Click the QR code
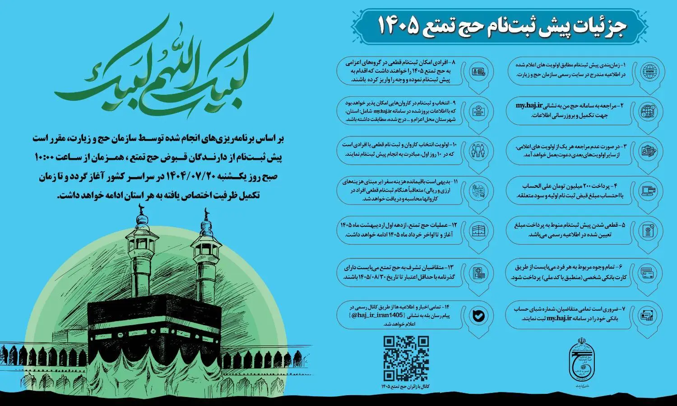(x=406, y=359)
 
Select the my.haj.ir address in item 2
(x=529, y=106)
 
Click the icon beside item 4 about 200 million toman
(x=650, y=191)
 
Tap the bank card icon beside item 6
(x=650, y=273)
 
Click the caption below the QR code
(x=405, y=387)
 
